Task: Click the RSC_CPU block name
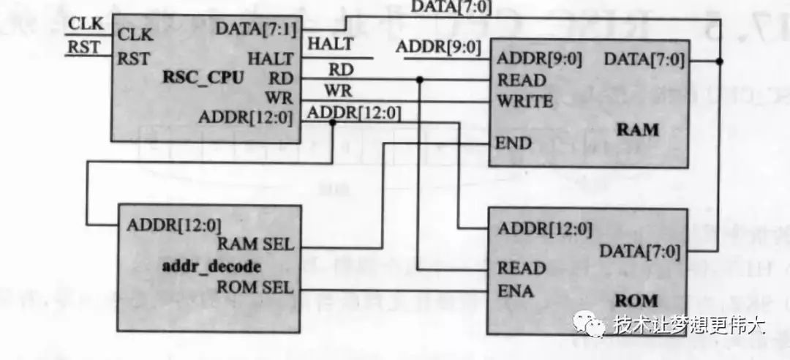[x=202, y=78]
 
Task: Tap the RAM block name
[x=638, y=130]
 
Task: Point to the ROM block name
[x=636, y=300]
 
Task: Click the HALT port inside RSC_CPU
[x=271, y=59]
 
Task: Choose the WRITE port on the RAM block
[x=524, y=101]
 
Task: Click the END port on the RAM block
[x=513, y=142]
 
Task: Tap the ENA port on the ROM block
[x=516, y=293]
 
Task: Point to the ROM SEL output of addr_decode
[x=255, y=287]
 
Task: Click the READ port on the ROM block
[x=522, y=268]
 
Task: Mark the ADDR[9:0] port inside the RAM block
[x=539, y=59]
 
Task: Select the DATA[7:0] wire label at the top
[x=451, y=7]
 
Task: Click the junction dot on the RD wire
[x=420, y=79]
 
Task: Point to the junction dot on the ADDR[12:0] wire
[x=333, y=122]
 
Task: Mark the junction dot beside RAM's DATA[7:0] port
[x=721, y=61]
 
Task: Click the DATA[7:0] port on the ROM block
[x=640, y=252]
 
